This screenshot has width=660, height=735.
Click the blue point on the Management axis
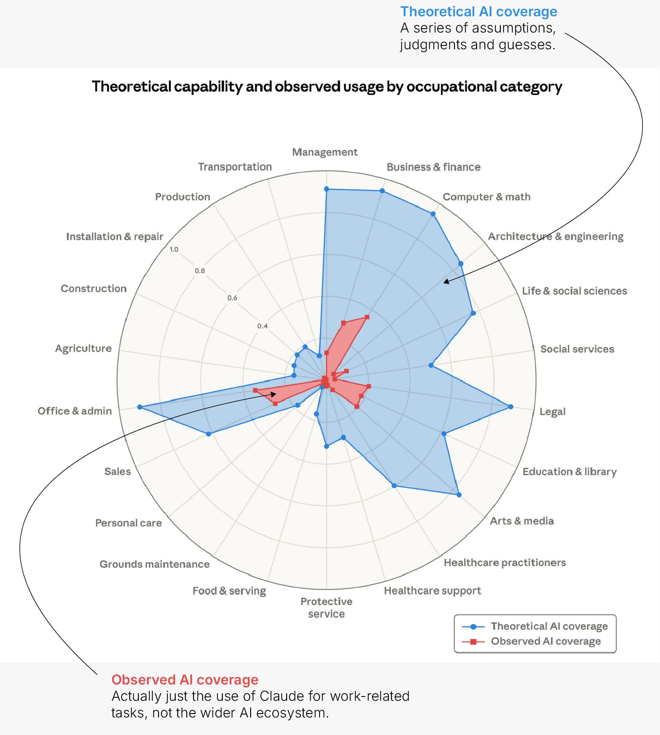click(x=326, y=189)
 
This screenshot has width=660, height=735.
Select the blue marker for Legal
click(x=511, y=407)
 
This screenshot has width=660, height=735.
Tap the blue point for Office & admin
click(x=140, y=407)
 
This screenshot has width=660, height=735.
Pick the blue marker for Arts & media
click(x=459, y=495)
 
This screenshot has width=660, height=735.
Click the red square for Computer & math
click(x=367, y=317)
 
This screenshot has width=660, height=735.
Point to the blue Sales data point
click(x=209, y=434)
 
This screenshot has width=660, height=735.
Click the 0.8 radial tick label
click(x=200, y=271)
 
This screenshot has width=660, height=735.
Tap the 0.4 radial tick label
click(x=263, y=326)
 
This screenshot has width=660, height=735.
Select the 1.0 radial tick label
click(x=174, y=250)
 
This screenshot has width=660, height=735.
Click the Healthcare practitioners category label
click(x=505, y=562)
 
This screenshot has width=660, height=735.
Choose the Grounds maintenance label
click(x=155, y=564)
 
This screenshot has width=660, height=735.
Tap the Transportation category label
click(x=235, y=167)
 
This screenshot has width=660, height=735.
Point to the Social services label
click(x=577, y=349)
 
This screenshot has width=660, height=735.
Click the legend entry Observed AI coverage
click(x=546, y=641)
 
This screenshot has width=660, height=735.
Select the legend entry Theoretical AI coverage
click(x=549, y=626)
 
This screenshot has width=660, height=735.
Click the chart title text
click(x=327, y=86)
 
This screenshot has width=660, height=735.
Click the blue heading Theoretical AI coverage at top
click(x=478, y=12)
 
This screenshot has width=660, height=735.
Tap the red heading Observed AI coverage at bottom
click(x=185, y=680)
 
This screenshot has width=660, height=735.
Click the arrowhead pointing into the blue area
click(x=446, y=282)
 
